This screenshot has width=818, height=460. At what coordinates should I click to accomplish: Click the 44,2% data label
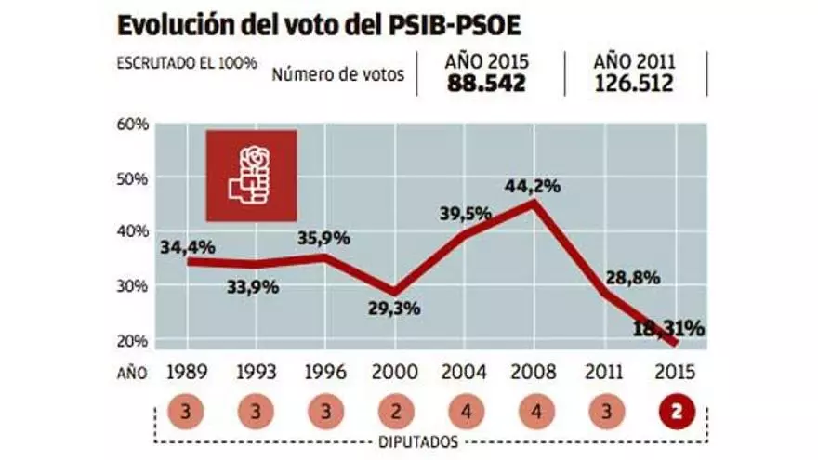533,186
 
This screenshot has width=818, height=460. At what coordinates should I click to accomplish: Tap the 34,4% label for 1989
188,247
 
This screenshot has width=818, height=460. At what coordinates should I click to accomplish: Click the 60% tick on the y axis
133,124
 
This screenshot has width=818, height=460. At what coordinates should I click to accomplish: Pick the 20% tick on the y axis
133,340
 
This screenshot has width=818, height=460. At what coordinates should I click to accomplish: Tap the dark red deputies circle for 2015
675,410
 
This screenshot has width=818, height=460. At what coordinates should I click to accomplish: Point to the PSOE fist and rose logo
251,175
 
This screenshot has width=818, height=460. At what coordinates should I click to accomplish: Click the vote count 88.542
487,85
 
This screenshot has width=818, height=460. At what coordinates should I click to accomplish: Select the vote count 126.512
634,85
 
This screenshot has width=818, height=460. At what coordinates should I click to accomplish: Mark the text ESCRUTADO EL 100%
186,64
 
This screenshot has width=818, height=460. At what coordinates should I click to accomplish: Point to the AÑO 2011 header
634,62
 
